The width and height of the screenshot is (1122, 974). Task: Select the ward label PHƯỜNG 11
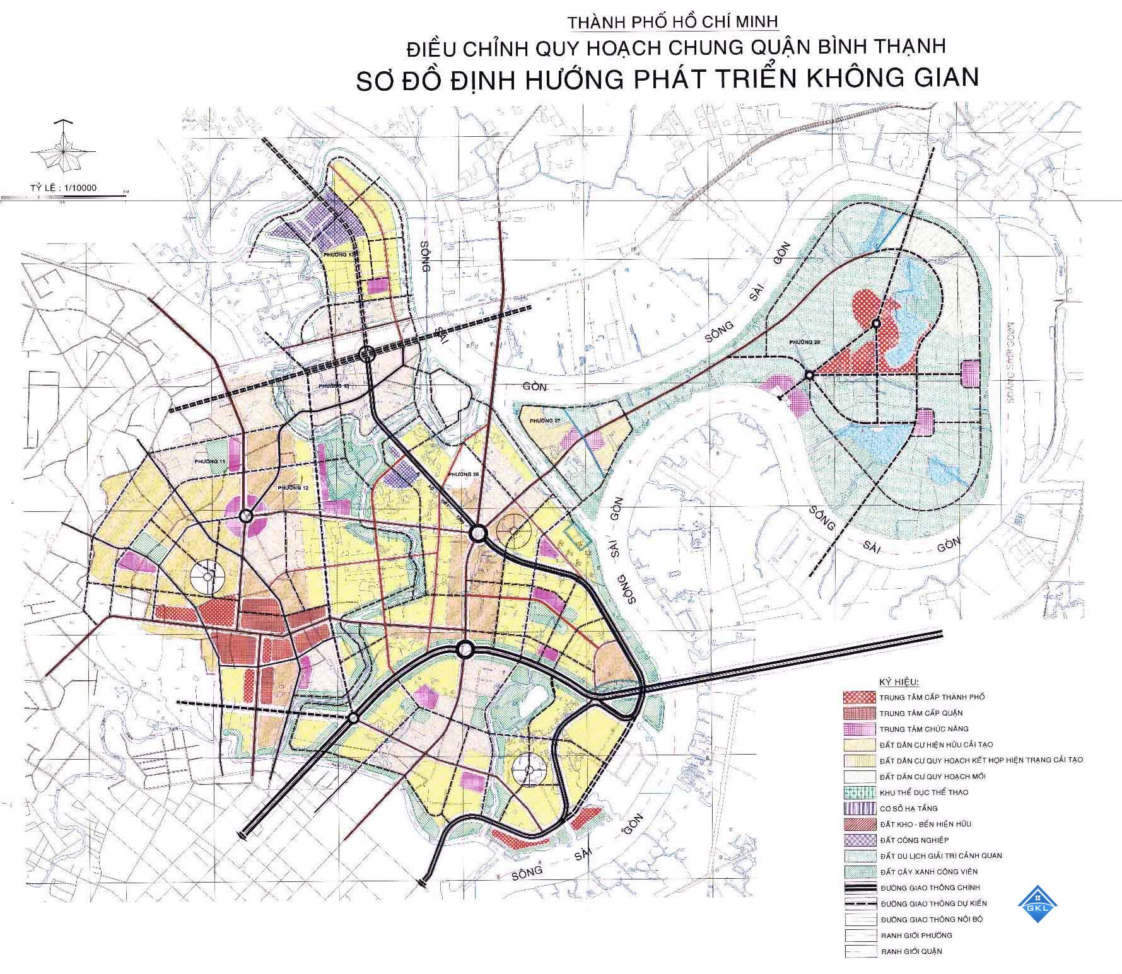point(210,461)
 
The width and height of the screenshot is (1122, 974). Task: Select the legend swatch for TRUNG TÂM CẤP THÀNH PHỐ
point(859,697)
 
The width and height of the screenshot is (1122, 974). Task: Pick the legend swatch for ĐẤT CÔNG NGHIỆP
point(859,840)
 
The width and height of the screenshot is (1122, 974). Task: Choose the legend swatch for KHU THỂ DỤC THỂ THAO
point(859,792)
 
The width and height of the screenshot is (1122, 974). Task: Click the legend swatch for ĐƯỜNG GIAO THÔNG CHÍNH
point(859,888)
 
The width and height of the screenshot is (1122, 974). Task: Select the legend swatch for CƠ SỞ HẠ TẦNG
point(859,808)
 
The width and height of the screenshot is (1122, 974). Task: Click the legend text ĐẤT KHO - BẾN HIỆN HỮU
point(925,824)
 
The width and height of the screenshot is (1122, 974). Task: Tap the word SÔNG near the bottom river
point(527,874)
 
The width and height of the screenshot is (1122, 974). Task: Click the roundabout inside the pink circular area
point(246,516)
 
